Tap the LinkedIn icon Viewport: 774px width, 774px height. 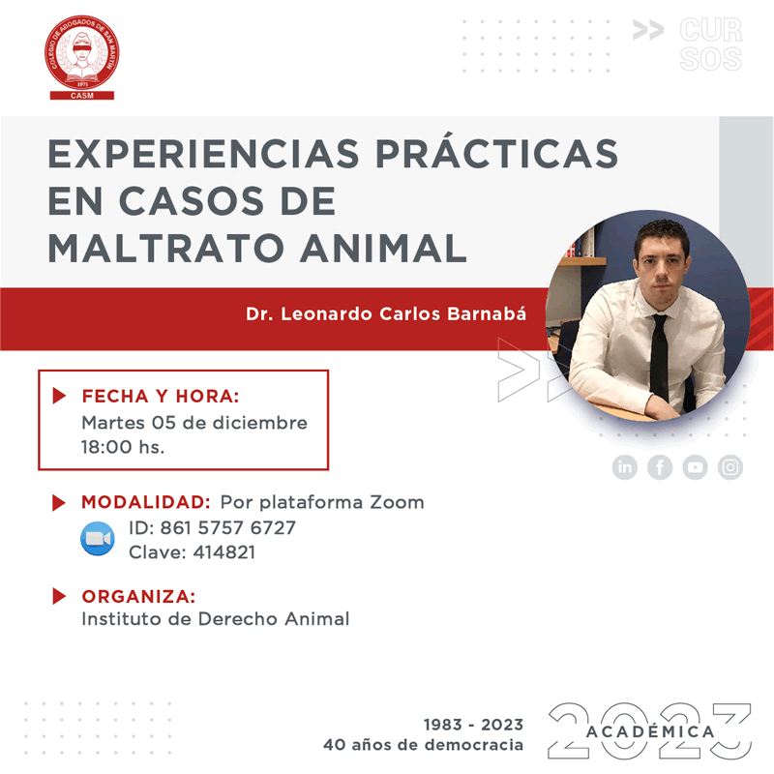point(624,467)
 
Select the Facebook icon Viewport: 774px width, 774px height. point(660,467)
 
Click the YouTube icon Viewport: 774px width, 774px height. point(695,467)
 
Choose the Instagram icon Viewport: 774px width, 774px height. point(730,467)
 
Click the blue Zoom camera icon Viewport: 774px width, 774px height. point(98,539)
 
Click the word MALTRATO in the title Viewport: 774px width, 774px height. point(165,248)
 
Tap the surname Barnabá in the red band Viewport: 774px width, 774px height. point(487,313)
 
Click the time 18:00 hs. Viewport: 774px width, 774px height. point(123,447)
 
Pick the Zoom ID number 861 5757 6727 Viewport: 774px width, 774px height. point(227,527)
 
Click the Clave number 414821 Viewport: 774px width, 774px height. point(224,551)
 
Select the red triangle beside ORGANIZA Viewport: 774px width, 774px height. point(59,596)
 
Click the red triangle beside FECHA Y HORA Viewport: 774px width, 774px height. point(59,396)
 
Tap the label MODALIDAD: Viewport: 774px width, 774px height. point(146,502)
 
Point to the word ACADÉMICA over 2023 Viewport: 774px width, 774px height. point(650,731)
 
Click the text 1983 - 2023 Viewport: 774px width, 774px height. point(473,725)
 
